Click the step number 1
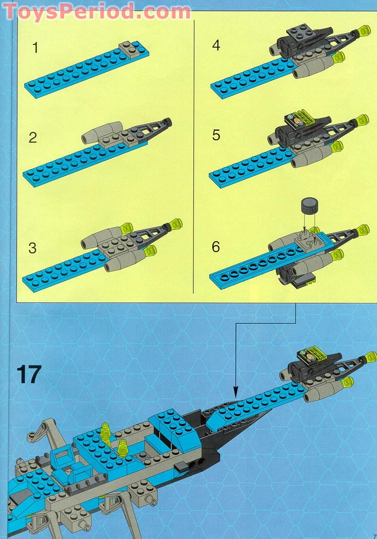[34, 48]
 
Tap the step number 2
[33, 138]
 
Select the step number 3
[32, 248]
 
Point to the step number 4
[216, 46]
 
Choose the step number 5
[216, 135]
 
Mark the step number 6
[216, 246]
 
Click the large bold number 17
[30, 374]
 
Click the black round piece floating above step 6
[308, 206]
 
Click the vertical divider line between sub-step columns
[194, 151]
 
